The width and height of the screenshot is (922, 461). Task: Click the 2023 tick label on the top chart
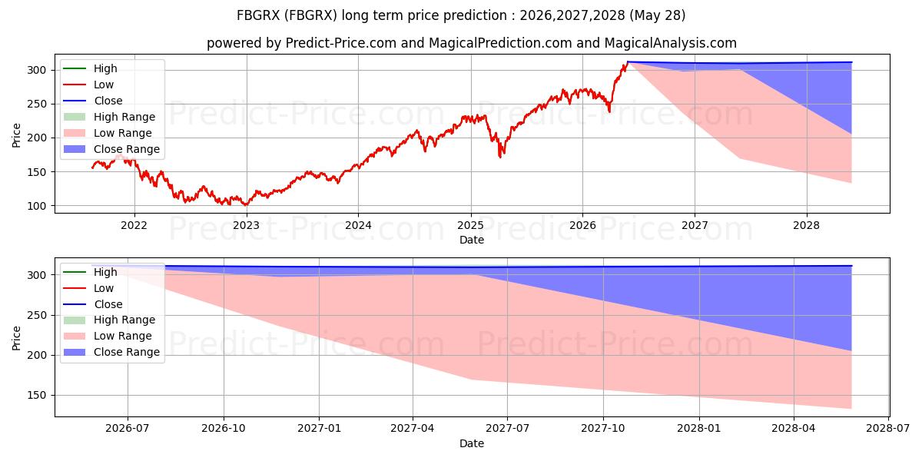click(x=246, y=226)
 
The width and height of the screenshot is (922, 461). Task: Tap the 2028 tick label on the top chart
click(x=806, y=226)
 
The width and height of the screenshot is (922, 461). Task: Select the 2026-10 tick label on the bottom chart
click(x=224, y=429)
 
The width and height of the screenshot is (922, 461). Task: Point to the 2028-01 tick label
click(x=699, y=429)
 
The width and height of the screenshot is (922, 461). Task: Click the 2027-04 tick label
click(x=413, y=429)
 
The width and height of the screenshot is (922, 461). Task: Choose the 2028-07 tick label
click(x=888, y=429)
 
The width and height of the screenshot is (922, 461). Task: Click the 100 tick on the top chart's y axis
click(x=36, y=206)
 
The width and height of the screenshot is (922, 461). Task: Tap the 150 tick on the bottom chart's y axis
click(x=36, y=396)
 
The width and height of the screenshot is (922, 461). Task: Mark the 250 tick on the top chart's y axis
click(x=36, y=104)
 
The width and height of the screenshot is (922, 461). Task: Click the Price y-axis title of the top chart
click(x=16, y=135)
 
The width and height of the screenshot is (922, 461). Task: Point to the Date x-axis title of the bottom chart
click(x=472, y=443)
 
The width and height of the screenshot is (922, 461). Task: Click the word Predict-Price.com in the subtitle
click(x=341, y=43)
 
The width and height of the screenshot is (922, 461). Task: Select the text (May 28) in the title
click(x=658, y=15)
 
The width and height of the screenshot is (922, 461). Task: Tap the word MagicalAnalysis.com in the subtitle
click(x=671, y=43)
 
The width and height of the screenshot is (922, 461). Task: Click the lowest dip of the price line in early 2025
click(x=499, y=158)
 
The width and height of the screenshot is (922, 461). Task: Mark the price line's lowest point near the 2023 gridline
click(x=246, y=204)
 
